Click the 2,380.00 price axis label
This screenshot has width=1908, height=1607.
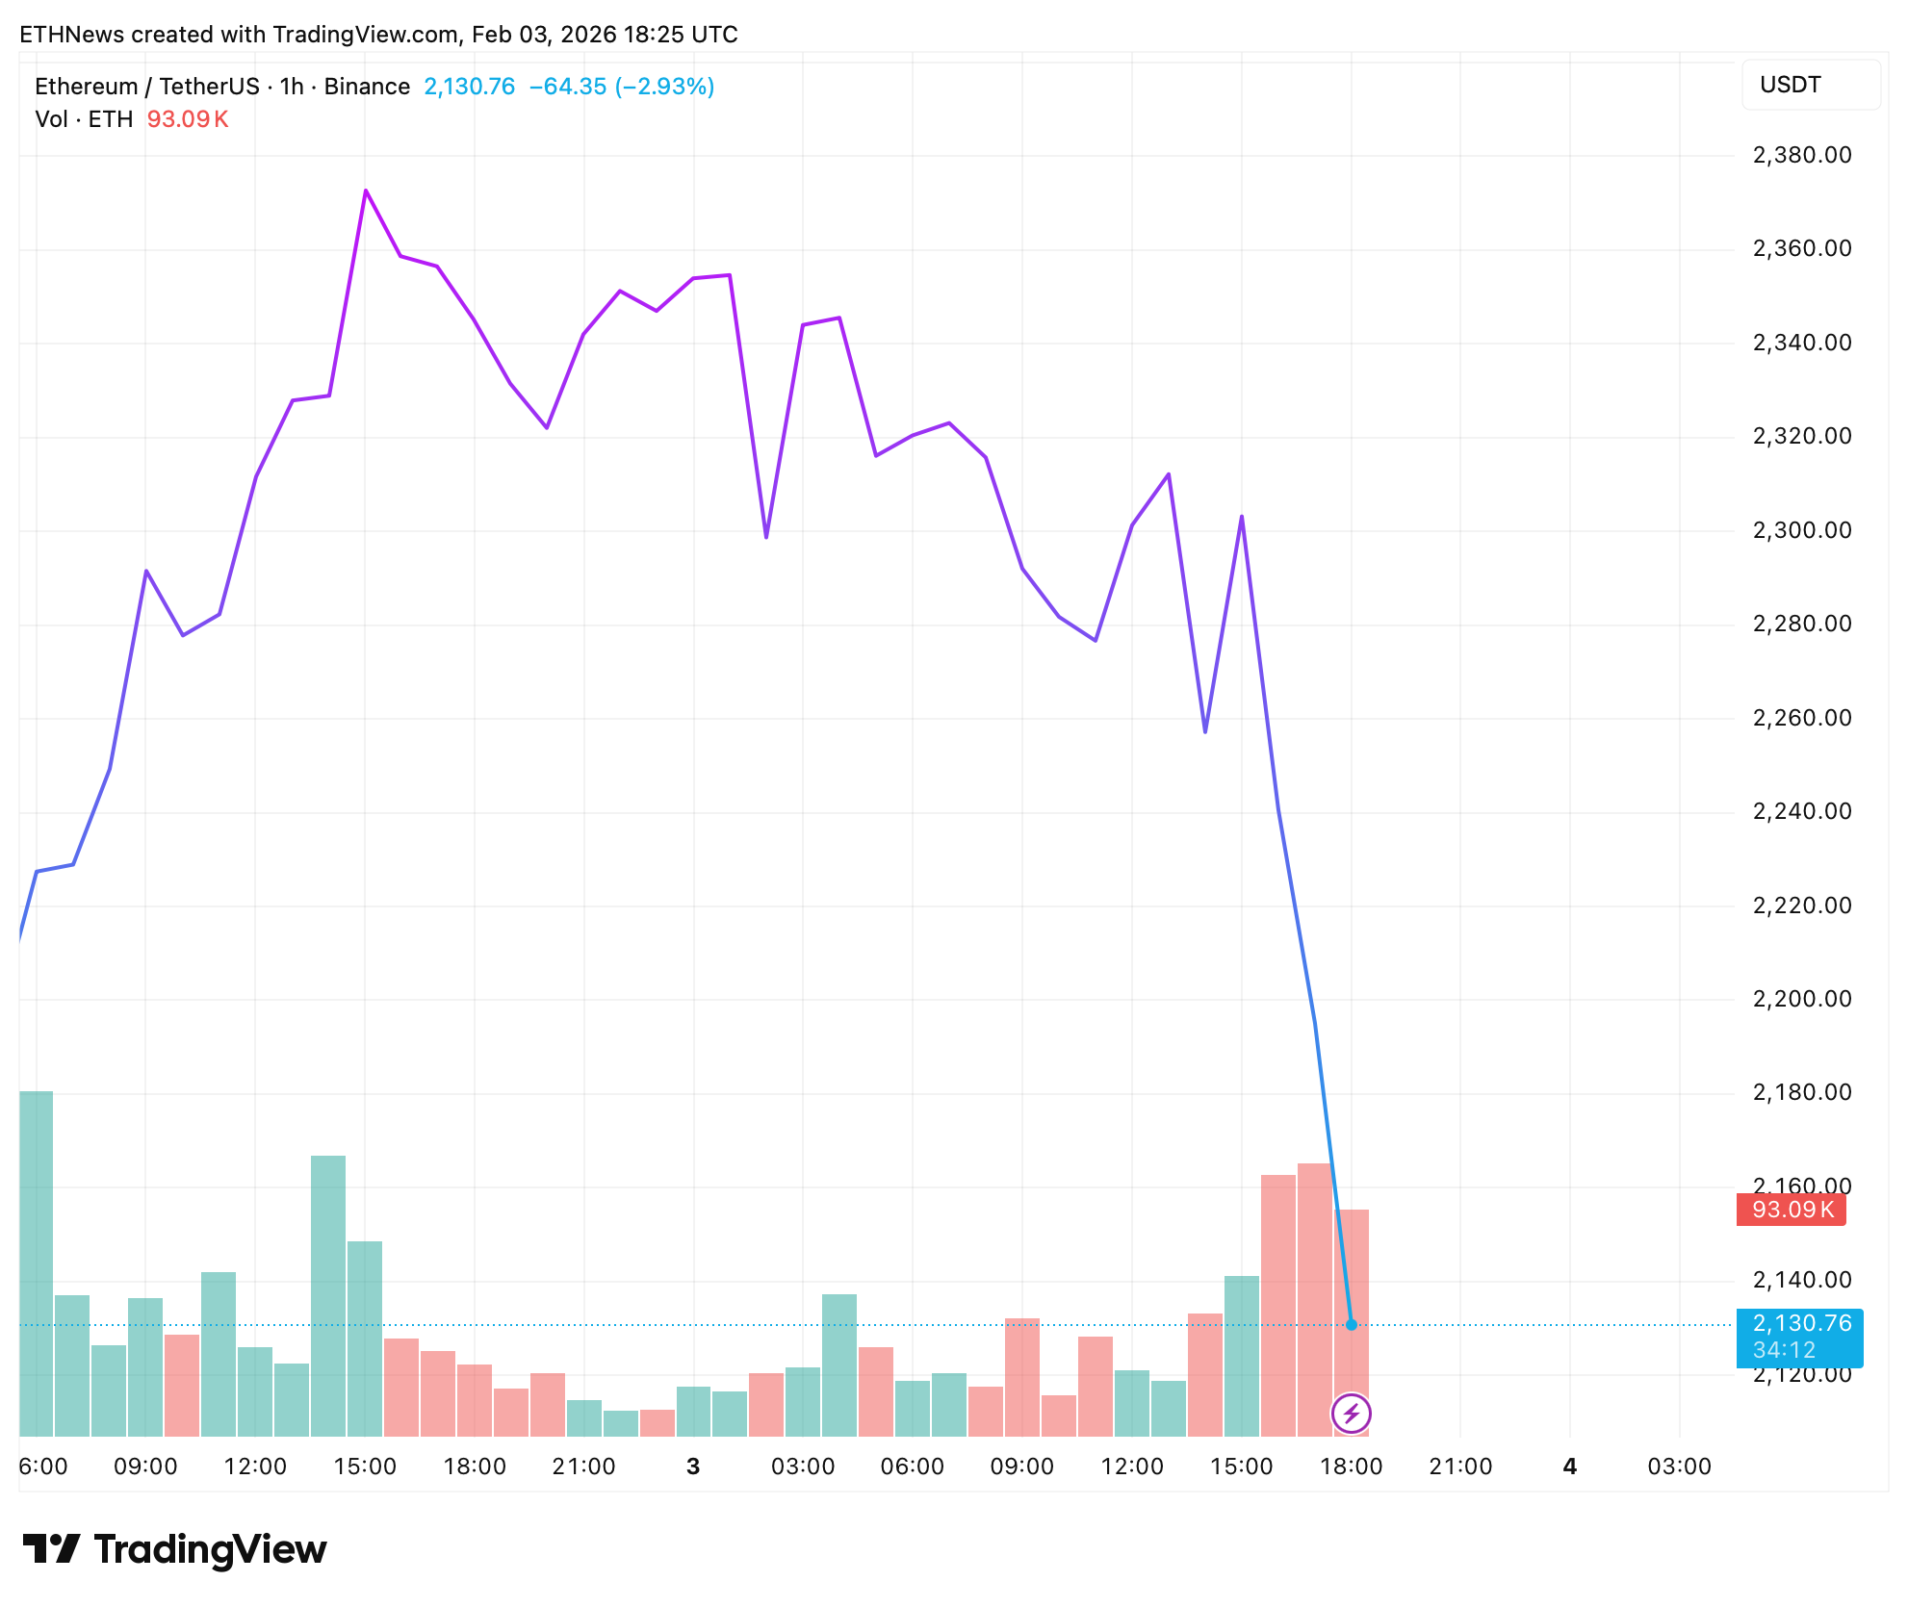pos(1801,155)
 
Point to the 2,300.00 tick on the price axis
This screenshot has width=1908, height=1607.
pos(1801,530)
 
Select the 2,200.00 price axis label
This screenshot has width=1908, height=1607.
pos(1801,999)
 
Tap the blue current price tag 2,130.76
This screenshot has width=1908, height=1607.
pos(1799,1325)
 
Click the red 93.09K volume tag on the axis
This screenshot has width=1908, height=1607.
pos(1791,1210)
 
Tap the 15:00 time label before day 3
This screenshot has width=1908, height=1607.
pos(365,1467)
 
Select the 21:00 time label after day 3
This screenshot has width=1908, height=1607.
pos(1460,1467)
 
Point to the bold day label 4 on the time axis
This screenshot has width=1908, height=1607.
pos(1570,1467)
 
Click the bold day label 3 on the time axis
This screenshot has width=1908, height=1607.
pos(693,1467)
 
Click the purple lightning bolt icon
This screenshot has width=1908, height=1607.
pos(1352,1414)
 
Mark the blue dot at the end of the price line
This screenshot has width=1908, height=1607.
pos(1352,1325)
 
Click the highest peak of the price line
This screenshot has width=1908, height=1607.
pos(366,191)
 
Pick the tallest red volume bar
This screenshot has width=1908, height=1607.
pos(1314,1299)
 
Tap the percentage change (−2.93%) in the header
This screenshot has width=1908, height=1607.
pos(664,87)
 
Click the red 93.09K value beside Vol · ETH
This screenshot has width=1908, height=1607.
pos(188,119)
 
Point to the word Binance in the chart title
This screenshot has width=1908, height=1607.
pos(367,87)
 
